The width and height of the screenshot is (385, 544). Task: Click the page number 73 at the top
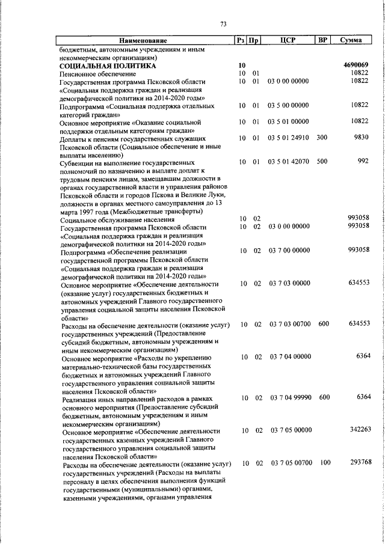(x=223, y=24)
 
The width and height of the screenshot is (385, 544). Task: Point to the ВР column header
(x=322, y=40)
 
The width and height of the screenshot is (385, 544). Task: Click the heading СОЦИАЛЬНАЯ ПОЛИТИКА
(x=108, y=65)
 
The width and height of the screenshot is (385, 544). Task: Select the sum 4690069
(x=356, y=65)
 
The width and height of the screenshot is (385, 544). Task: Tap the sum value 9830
(x=360, y=138)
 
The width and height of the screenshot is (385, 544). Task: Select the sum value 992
(x=363, y=162)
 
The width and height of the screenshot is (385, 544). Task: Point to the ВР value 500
(x=323, y=162)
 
